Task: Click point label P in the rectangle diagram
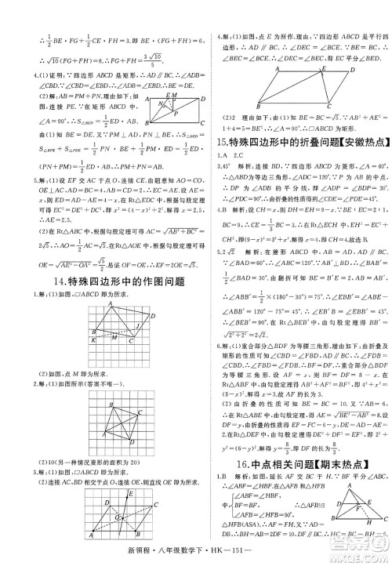click(x=178, y=113)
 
